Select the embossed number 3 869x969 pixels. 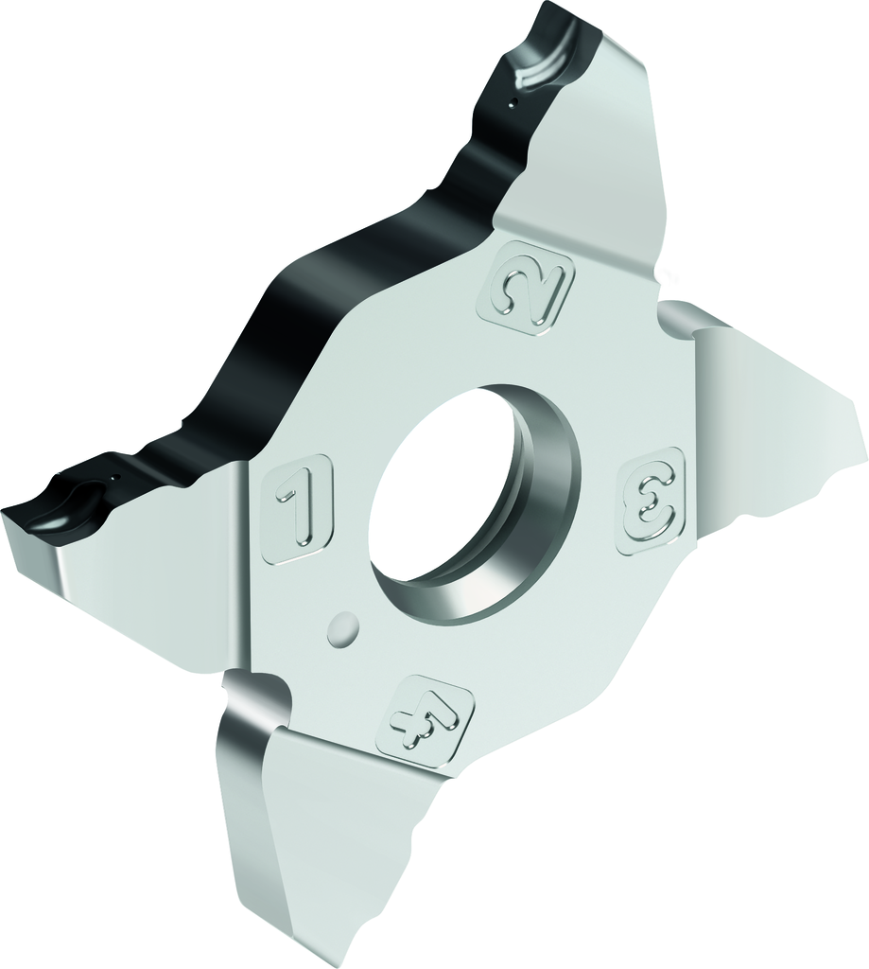(x=649, y=501)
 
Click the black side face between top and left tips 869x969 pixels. (x=312, y=312)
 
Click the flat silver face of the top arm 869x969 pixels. (x=586, y=151)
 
